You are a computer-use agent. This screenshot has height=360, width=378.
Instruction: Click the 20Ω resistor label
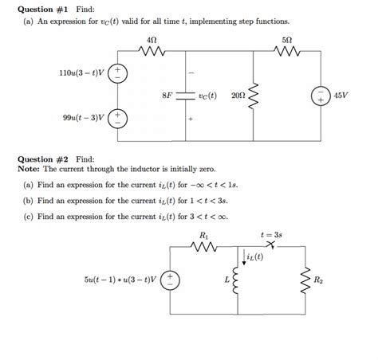(238, 96)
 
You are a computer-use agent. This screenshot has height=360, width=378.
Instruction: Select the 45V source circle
(321, 96)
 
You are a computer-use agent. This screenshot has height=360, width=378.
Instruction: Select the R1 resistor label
(204, 236)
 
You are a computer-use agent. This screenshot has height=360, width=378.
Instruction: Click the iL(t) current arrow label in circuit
(255, 257)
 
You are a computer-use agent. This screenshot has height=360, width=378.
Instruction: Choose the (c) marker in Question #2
(28, 214)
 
